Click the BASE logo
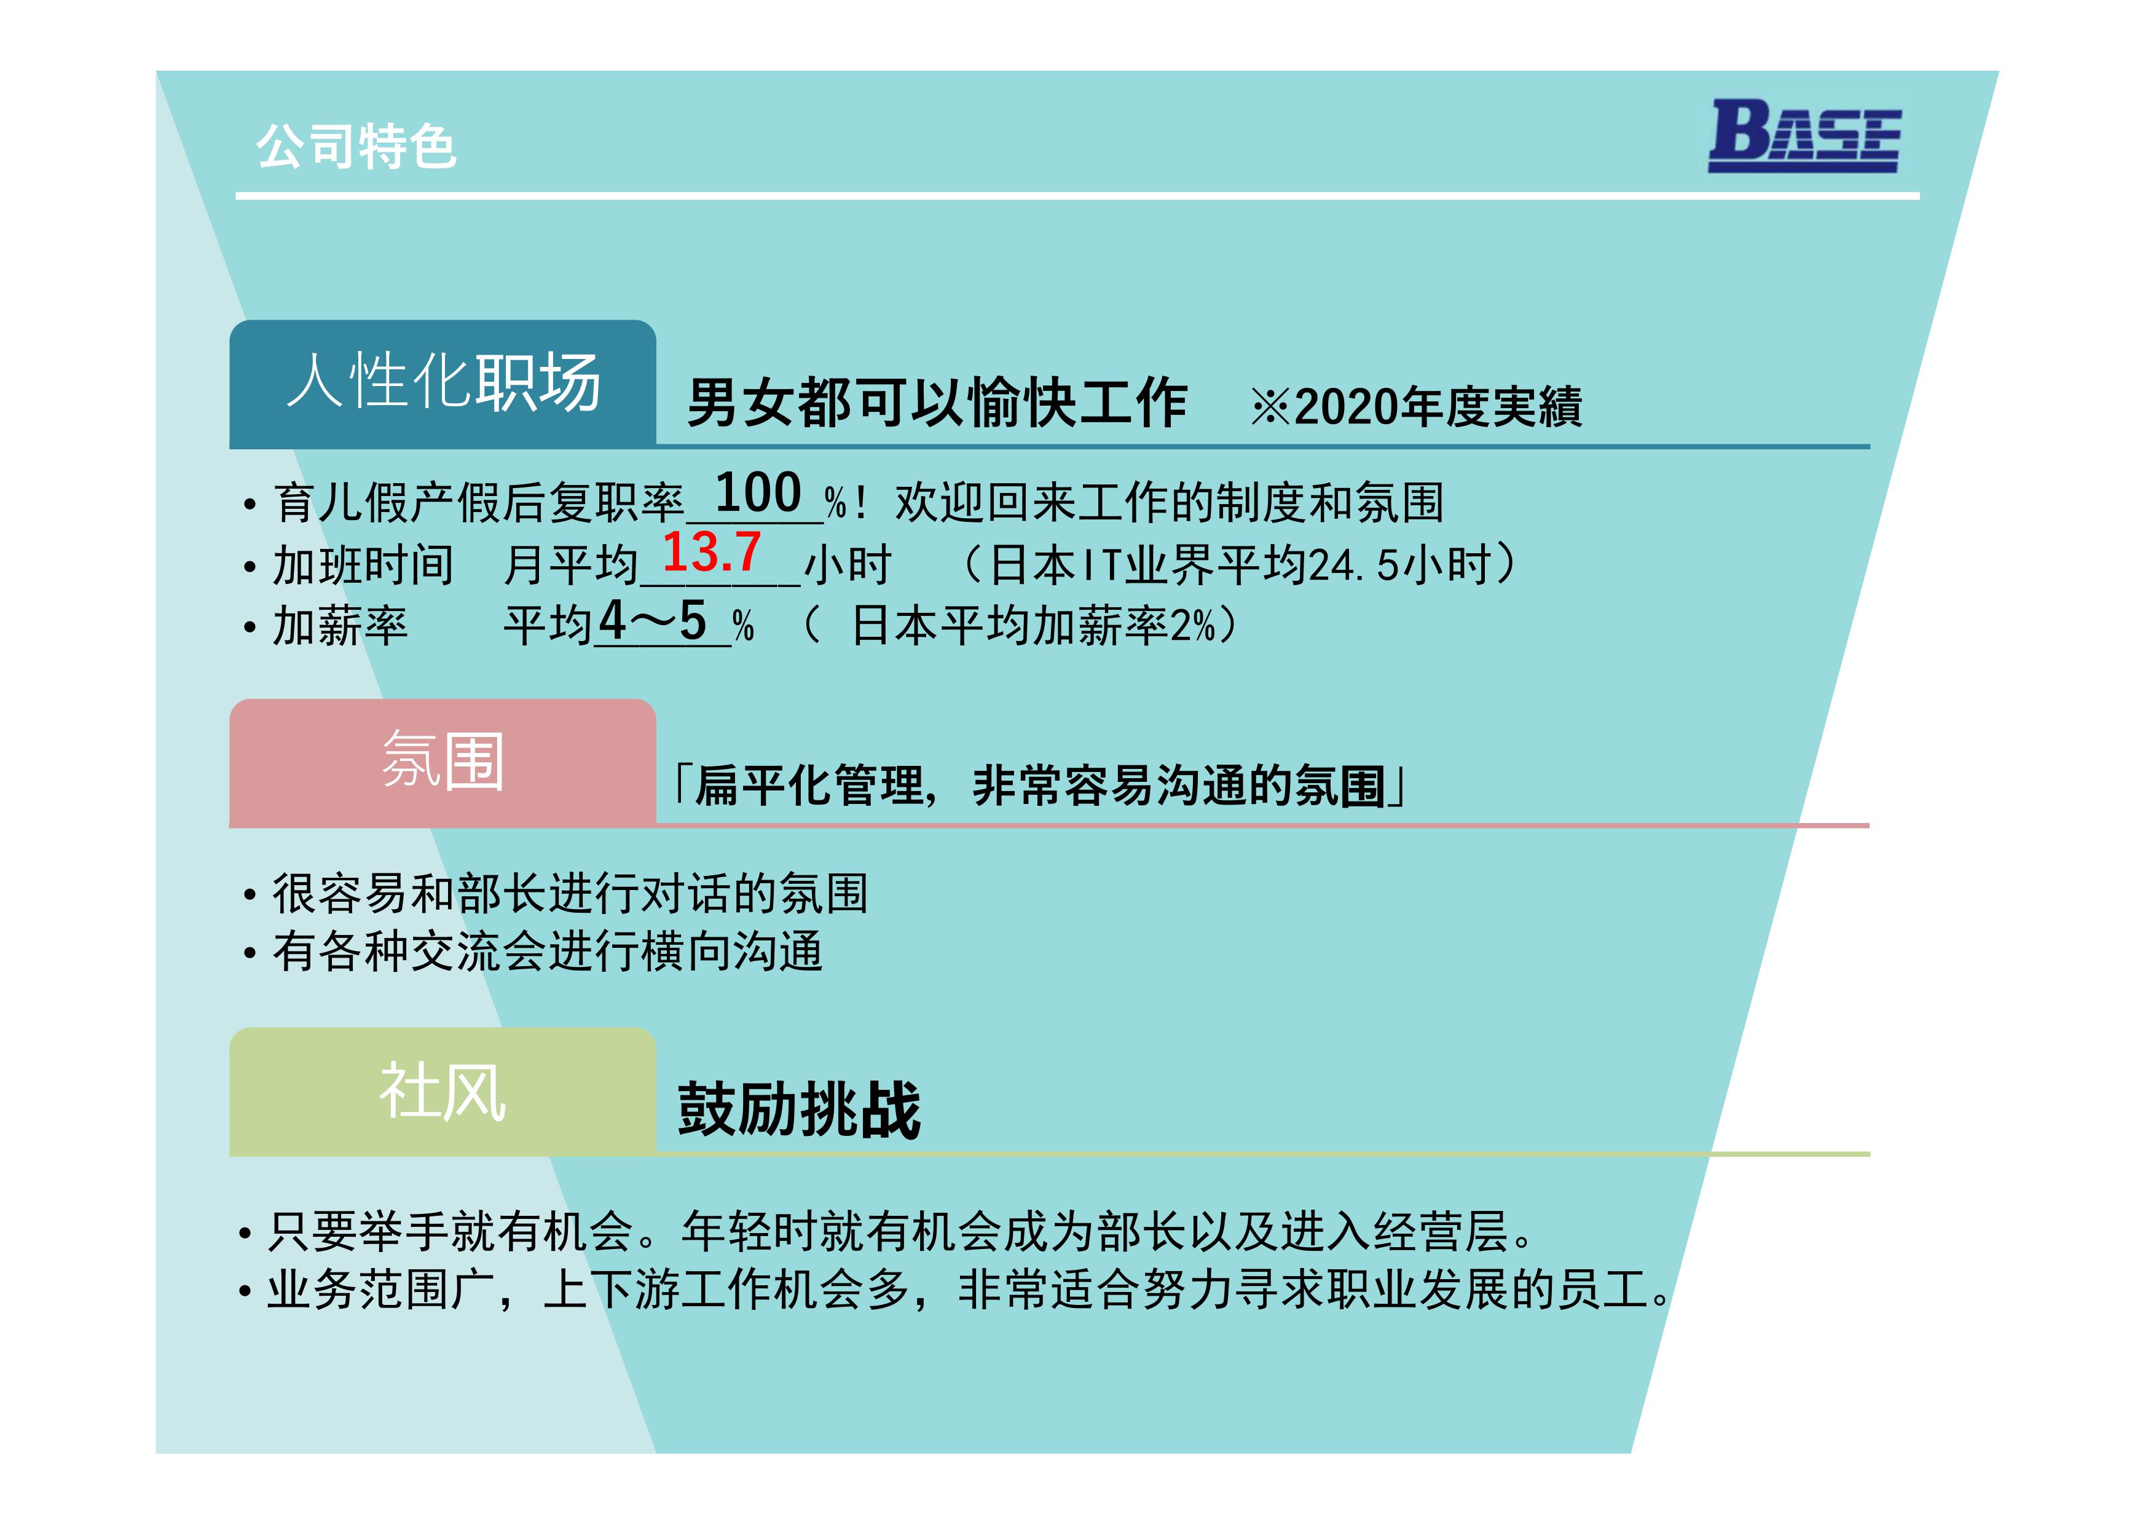click(1804, 136)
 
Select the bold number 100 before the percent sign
click(758, 493)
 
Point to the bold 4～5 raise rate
click(653, 621)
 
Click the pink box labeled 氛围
click(443, 762)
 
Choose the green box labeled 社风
click(443, 1091)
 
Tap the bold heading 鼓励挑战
click(799, 1110)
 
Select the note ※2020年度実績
click(1416, 406)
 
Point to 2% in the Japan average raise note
click(1192, 625)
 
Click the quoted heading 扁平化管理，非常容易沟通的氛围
click(1039, 785)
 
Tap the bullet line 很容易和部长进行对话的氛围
click(570, 893)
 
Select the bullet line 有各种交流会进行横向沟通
click(548, 952)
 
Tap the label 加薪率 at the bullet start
click(340, 625)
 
